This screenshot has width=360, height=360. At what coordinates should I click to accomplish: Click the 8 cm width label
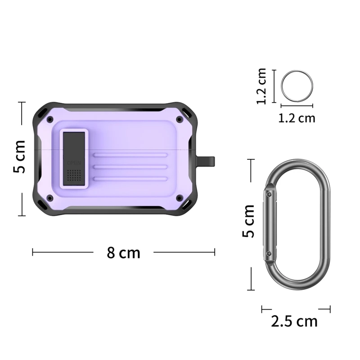pyautogui.click(x=123, y=252)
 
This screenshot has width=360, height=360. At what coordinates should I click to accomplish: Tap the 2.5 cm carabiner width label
pyautogui.click(x=294, y=321)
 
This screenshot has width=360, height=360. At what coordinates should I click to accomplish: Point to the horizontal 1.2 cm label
pyautogui.click(x=297, y=118)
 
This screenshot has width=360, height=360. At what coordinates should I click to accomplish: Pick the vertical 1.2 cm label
pyautogui.click(x=262, y=86)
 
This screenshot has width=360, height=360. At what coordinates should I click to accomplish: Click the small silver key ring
pyautogui.click(x=297, y=85)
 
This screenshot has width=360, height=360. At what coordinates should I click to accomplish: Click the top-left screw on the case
pyautogui.click(x=49, y=120)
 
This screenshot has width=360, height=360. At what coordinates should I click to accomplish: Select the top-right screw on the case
pyautogui.click(x=180, y=120)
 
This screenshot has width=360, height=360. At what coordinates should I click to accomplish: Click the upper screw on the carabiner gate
pyautogui.click(x=269, y=194)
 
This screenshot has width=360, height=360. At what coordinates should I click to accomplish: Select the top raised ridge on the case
pyautogui.click(x=130, y=156)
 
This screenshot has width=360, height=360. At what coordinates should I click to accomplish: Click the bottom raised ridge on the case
pyautogui.click(x=130, y=179)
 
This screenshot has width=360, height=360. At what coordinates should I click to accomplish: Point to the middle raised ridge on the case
pyautogui.click(x=130, y=167)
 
